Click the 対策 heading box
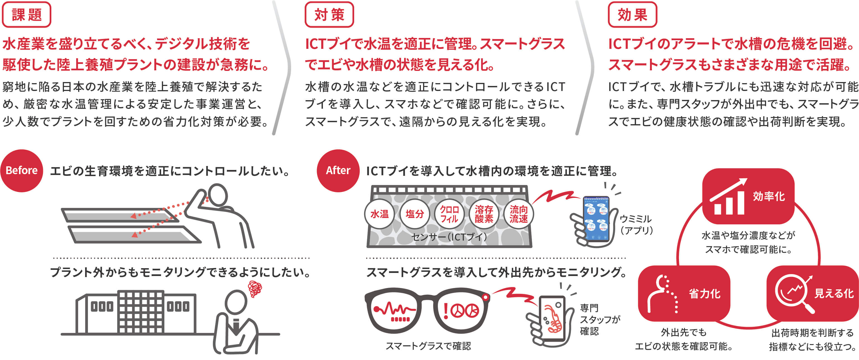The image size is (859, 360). point(329,15)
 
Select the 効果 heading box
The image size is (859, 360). point(632,15)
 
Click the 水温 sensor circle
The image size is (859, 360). point(380,214)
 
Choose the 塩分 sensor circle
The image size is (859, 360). point(414,214)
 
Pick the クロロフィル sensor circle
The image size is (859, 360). point(449,214)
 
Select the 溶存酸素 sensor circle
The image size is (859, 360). point(484,214)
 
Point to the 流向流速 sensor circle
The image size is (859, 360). point(519,214)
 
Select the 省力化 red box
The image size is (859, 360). point(684,293)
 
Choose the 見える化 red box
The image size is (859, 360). point(812,293)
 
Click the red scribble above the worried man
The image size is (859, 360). point(255,289)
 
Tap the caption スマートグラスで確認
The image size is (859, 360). point(428,346)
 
